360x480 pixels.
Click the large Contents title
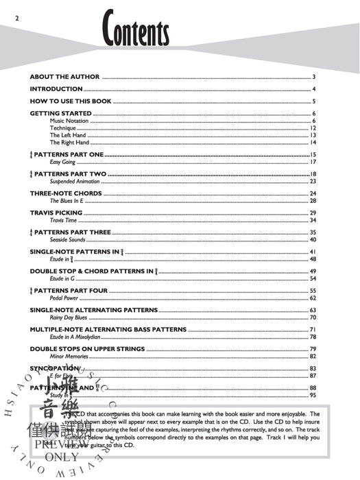tap(136, 33)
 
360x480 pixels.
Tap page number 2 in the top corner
tap(6, 7)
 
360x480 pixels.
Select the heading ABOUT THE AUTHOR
tap(64, 77)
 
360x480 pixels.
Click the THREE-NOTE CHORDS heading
tap(66, 193)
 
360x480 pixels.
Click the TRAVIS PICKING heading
tap(56, 213)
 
